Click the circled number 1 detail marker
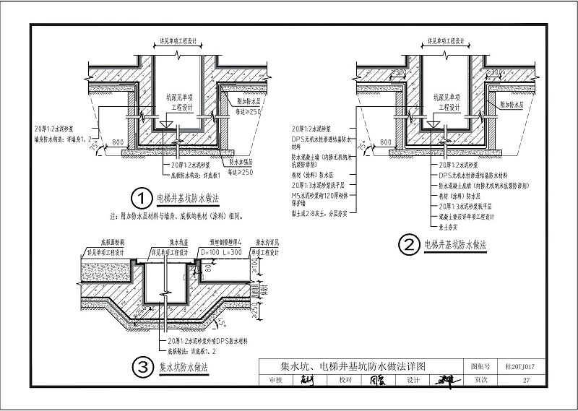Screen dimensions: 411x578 (140, 197)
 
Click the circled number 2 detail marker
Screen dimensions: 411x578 (410, 246)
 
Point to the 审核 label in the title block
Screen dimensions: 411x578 (275, 380)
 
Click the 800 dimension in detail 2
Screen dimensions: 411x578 (384, 143)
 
